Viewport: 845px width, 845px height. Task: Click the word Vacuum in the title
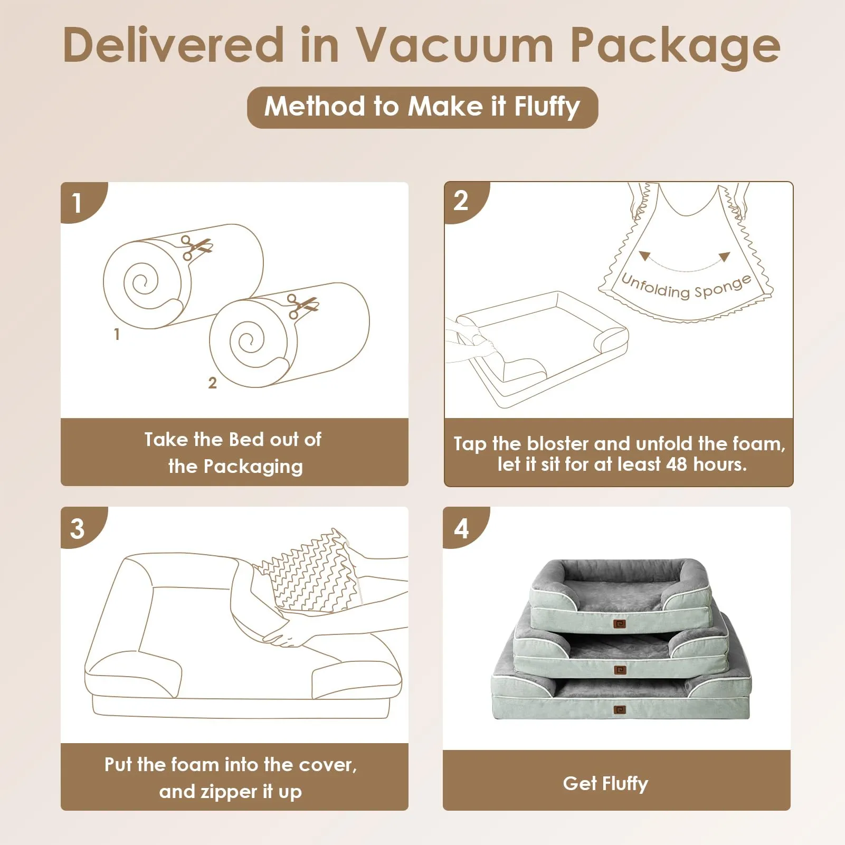point(454,45)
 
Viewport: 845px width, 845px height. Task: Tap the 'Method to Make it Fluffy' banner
point(422,107)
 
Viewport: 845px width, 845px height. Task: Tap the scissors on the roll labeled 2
point(302,306)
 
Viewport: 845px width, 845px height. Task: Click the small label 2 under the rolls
point(212,383)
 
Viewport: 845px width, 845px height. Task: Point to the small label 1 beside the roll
point(117,334)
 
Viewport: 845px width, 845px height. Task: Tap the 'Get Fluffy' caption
point(605,784)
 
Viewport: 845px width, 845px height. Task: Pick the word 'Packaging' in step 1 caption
point(253,467)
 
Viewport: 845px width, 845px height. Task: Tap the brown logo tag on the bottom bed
point(620,710)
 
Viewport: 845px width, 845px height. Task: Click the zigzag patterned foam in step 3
point(311,571)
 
